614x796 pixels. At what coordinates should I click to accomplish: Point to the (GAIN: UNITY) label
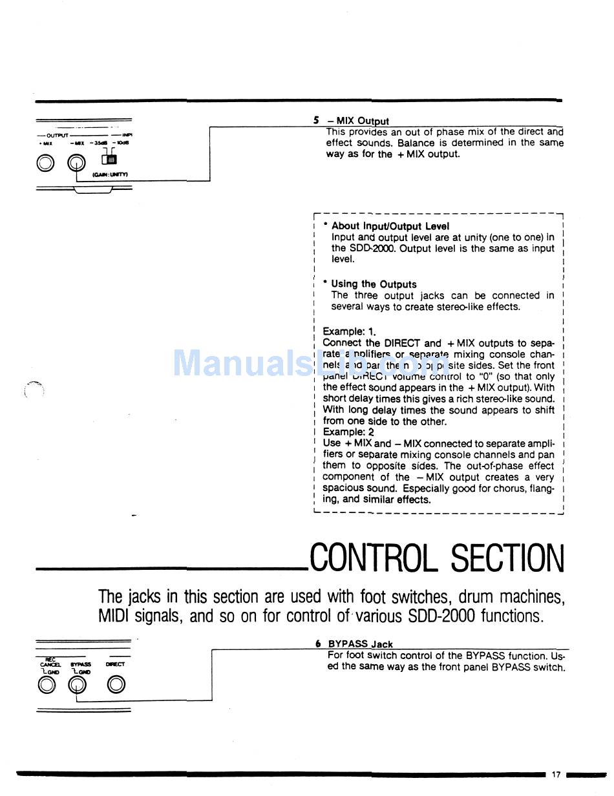coord(114,174)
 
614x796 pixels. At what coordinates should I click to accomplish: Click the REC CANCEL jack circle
coord(47,685)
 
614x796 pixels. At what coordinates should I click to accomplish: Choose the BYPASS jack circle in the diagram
coord(77,685)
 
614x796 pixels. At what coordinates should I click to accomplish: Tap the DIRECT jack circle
coord(116,685)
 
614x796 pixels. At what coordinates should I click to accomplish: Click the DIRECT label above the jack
coord(115,664)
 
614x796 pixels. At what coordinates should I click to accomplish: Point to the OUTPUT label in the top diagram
coord(57,135)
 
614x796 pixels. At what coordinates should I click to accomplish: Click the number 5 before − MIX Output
coord(316,120)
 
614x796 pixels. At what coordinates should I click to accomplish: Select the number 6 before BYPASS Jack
coord(318,644)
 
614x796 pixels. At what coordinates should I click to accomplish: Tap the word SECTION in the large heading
coord(507,558)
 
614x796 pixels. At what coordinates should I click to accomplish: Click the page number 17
coord(556,774)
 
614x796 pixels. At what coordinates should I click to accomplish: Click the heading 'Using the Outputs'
coord(374,284)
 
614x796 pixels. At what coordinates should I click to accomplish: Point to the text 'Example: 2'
coord(348,432)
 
